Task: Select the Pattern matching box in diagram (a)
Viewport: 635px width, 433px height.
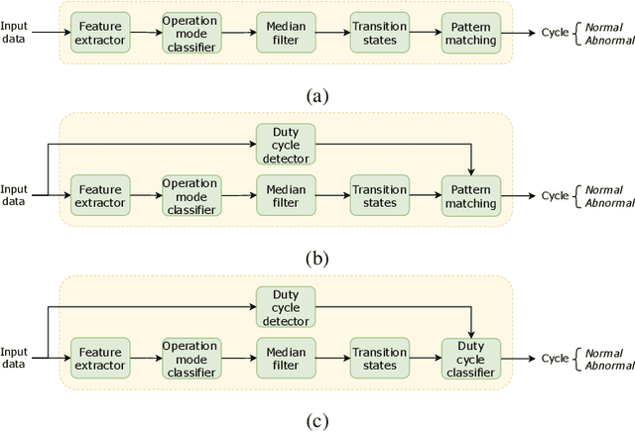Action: click(470, 33)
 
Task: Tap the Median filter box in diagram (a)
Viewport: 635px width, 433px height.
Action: click(285, 33)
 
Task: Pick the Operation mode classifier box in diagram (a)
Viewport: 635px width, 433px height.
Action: click(190, 33)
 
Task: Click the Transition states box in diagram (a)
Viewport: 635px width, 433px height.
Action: click(378, 33)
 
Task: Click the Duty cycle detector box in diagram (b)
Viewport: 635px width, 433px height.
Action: click(285, 145)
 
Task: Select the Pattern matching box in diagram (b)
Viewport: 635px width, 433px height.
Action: click(470, 196)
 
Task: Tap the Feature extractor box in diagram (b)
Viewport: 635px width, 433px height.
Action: click(100, 196)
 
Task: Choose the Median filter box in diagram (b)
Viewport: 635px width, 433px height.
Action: click(285, 196)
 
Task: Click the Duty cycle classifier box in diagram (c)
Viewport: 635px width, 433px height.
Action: click(470, 359)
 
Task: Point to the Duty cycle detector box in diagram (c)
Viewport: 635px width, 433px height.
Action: click(285, 307)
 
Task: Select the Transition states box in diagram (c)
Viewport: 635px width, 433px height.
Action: click(378, 359)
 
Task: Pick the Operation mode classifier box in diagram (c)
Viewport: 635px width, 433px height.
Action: click(190, 359)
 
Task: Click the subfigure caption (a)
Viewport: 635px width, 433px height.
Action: click(317, 95)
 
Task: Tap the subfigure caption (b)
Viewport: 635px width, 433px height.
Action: click(317, 259)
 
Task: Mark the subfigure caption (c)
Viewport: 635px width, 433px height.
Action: click(317, 421)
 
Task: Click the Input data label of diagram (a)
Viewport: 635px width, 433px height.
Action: click(16, 33)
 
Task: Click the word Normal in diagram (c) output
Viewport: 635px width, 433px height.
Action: click(603, 352)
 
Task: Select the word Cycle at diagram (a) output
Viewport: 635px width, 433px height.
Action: click(555, 33)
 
